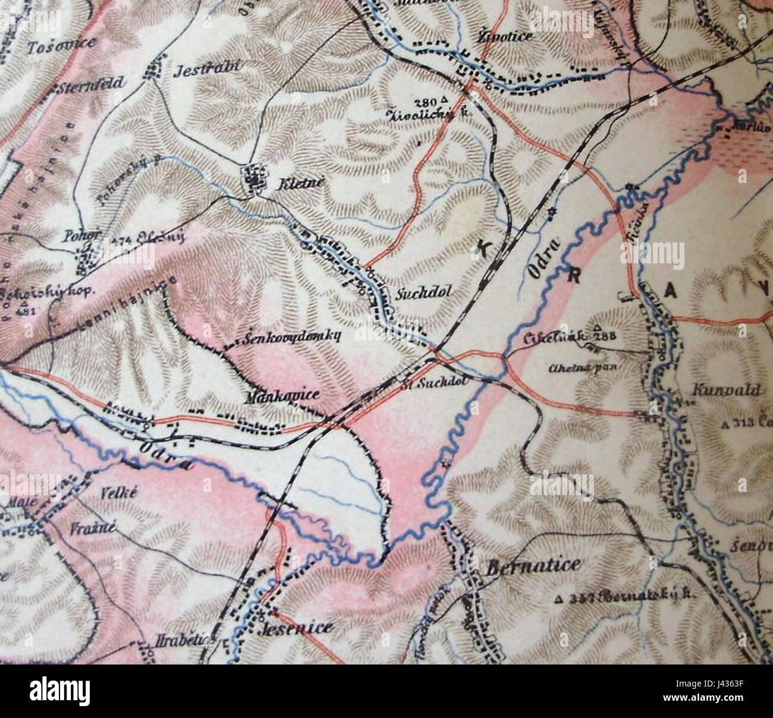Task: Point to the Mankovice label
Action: (x=282, y=394)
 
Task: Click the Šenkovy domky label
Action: (x=291, y=337)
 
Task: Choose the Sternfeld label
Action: (x=92, y=84)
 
